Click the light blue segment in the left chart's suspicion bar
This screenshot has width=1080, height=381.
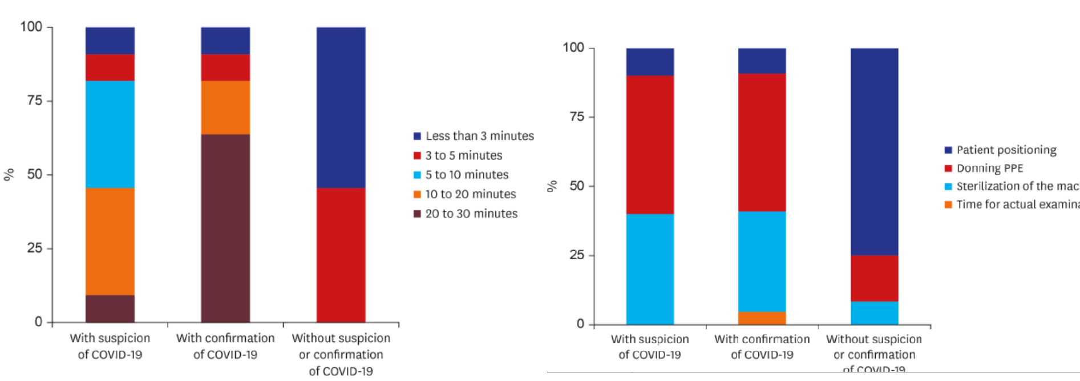tap(110, 134)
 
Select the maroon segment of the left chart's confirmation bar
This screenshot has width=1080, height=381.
tap(225, 228)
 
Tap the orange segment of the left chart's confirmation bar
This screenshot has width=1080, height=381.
tap(225, 107)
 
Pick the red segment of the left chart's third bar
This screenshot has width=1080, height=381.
tap(341, 255)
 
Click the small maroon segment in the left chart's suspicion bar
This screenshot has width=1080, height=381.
tap(110, 308)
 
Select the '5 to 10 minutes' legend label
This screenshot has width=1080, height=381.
tap(467, 175)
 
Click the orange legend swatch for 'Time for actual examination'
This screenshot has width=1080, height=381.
tap(948, 204)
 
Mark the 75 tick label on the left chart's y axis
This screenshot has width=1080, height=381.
tap(35, 101)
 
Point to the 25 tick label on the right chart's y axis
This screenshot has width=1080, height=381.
tap(577, 255)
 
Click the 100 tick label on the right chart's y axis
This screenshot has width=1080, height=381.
tap(573, 47)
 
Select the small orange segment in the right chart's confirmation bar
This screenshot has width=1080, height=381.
tap(762, 318)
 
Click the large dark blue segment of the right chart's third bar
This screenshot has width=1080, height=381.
tap(875, 151)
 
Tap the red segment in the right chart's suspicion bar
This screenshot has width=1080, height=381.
tap(650, 145)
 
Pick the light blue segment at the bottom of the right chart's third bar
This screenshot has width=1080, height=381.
tap(875, 313)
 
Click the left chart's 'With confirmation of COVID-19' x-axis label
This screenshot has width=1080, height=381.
tap(225, 346)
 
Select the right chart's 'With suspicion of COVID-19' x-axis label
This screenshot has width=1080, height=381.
tap(650, 347)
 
